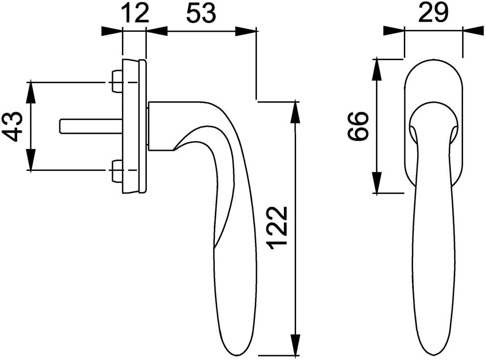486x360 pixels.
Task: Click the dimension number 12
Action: tap(135, 13)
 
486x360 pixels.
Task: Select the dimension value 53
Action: tap(201, 13)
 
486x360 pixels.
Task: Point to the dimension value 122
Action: tap(278, 227)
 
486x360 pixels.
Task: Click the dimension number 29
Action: tap(433, 13)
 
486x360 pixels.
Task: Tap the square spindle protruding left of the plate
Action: tap(91, 126)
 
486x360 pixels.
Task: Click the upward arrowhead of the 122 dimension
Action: tap(296, 111)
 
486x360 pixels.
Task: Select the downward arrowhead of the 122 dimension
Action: tap(296, 344)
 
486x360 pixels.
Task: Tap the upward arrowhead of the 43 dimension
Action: tap(31, 92)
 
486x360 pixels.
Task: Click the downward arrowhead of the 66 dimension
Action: tap(377, 183)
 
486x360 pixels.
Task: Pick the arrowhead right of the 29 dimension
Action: tap(473, 31)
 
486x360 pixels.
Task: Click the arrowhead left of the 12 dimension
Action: tap(112, 31)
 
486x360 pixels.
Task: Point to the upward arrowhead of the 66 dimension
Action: tap(377, 69)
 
